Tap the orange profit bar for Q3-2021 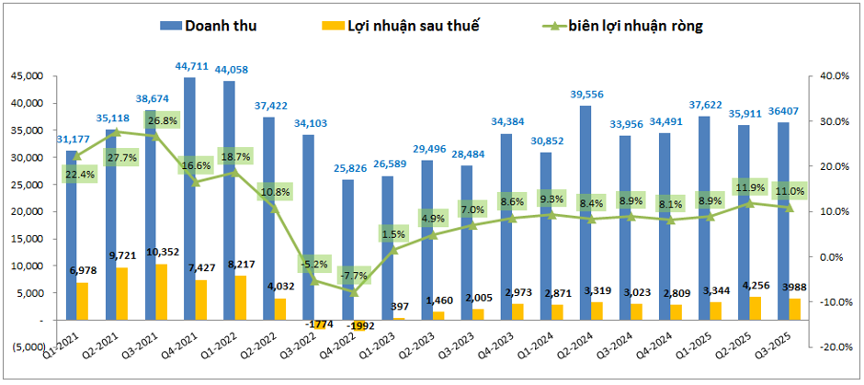coord(161,291)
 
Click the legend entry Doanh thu coord(207,26)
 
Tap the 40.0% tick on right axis coord(834,76)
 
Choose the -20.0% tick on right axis coord(832,347)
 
